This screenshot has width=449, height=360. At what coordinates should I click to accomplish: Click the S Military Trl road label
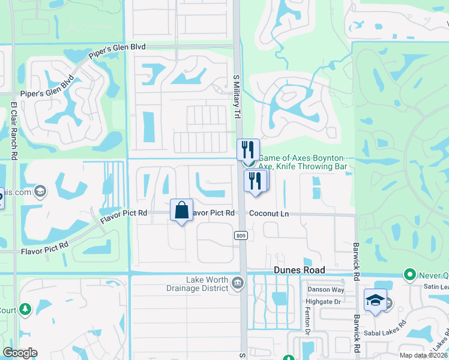(x=236, y=96)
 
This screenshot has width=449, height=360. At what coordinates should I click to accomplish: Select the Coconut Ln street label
(x=269, y=213)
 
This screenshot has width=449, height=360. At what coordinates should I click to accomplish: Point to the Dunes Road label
(x=300, y=271)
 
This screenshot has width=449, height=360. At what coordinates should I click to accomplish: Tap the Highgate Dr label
(x=324, y=302)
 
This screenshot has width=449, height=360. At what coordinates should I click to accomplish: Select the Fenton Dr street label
(x=307, y=323)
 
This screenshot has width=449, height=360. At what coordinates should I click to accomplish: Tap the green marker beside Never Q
(x=411, y=275)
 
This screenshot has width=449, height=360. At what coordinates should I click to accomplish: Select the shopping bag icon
(x=181, y=210)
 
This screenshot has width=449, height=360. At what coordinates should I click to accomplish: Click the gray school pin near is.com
(x=40, y=191)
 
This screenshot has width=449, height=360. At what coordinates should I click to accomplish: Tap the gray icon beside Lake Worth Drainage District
(x=238, y=283)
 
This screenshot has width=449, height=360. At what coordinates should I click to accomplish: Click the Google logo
(x=20, y=353)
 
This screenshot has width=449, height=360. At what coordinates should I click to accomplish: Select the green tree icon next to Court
(x=25, y=309)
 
